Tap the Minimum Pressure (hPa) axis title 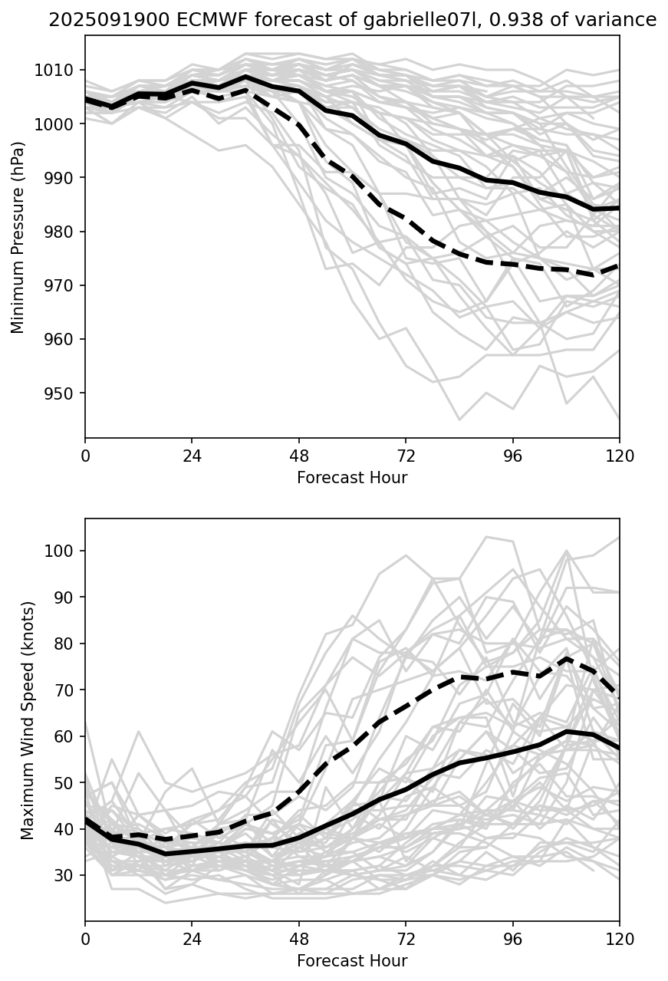[x=18, y=237]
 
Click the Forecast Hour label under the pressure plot [x=352, y=478]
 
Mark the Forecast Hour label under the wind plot [x=352, y=961]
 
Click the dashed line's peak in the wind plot [x=566, y=658]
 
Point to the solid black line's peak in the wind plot [x=566, y=732]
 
